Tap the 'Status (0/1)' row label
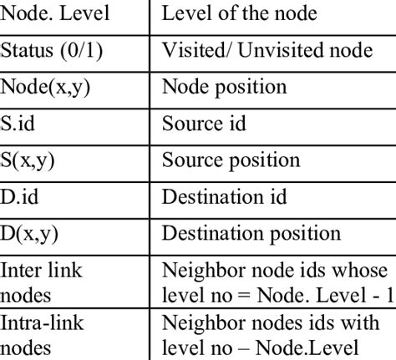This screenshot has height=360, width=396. (x=51, y=50)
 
